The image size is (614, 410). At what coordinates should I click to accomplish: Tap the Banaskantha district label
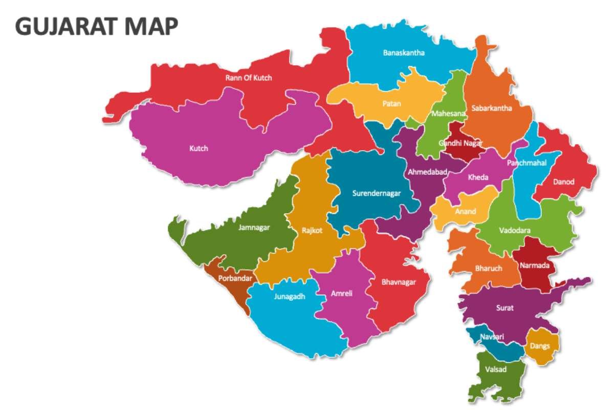click(x=404, y=52)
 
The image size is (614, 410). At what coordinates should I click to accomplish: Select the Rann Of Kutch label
click(x=249, y=78)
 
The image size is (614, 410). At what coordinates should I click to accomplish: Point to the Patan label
click(x=391, y=104)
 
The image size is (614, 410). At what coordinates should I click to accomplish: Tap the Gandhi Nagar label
click(x=461, y=143)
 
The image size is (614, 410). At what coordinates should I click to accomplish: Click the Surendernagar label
click(x=376, y=193)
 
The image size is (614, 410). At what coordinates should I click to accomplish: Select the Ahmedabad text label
click(x=427, y=172)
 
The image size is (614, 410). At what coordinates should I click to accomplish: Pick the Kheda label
click(x=478, y=177)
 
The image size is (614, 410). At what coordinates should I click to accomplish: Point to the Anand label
click(x=466, y=211)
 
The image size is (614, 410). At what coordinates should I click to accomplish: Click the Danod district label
click(x=563, y=181)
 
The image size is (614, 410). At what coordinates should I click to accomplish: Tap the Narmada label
click(x=534, y=265)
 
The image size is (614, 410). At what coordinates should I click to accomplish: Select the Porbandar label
click(x=234, y=279)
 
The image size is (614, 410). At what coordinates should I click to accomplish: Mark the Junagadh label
click(x=289, y=296)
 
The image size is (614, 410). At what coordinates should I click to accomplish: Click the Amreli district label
click(x=341, y=294)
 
